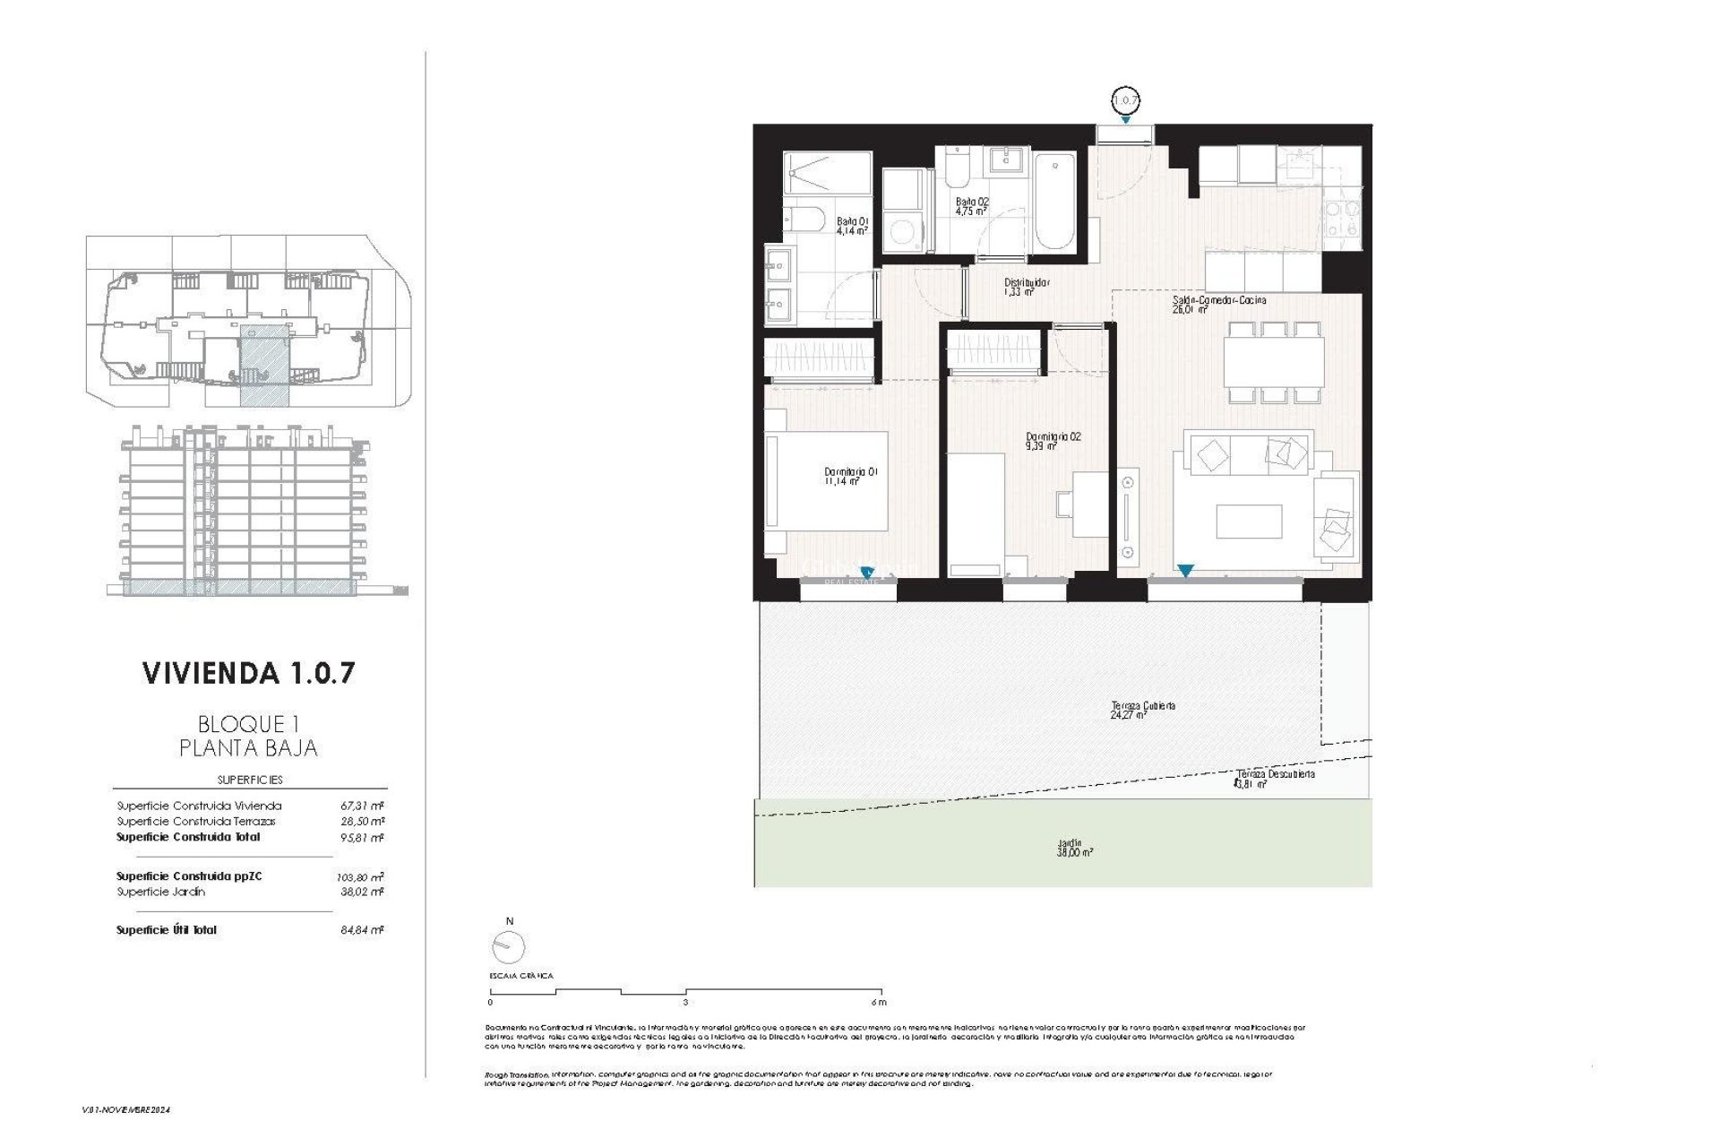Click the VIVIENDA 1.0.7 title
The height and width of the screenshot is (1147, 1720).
[248, 673]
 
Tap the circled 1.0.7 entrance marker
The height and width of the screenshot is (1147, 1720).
[1125, 99]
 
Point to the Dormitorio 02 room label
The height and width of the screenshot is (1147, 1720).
[1053, 441]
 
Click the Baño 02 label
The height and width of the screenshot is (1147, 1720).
[971, 207]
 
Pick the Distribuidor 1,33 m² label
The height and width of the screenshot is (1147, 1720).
[1026, 287]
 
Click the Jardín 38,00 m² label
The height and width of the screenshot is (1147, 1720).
[1074, 849]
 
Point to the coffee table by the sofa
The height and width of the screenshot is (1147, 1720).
[1249, 522]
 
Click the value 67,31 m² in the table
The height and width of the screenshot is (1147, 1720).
[362, 806]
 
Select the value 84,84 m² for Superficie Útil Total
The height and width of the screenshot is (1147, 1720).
[362, 930]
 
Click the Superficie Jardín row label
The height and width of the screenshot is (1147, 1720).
[161, 892]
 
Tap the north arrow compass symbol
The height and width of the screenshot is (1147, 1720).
[508, 946]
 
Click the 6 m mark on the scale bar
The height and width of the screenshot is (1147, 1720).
[879, 1003]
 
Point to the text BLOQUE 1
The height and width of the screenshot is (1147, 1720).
[247, 724]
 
